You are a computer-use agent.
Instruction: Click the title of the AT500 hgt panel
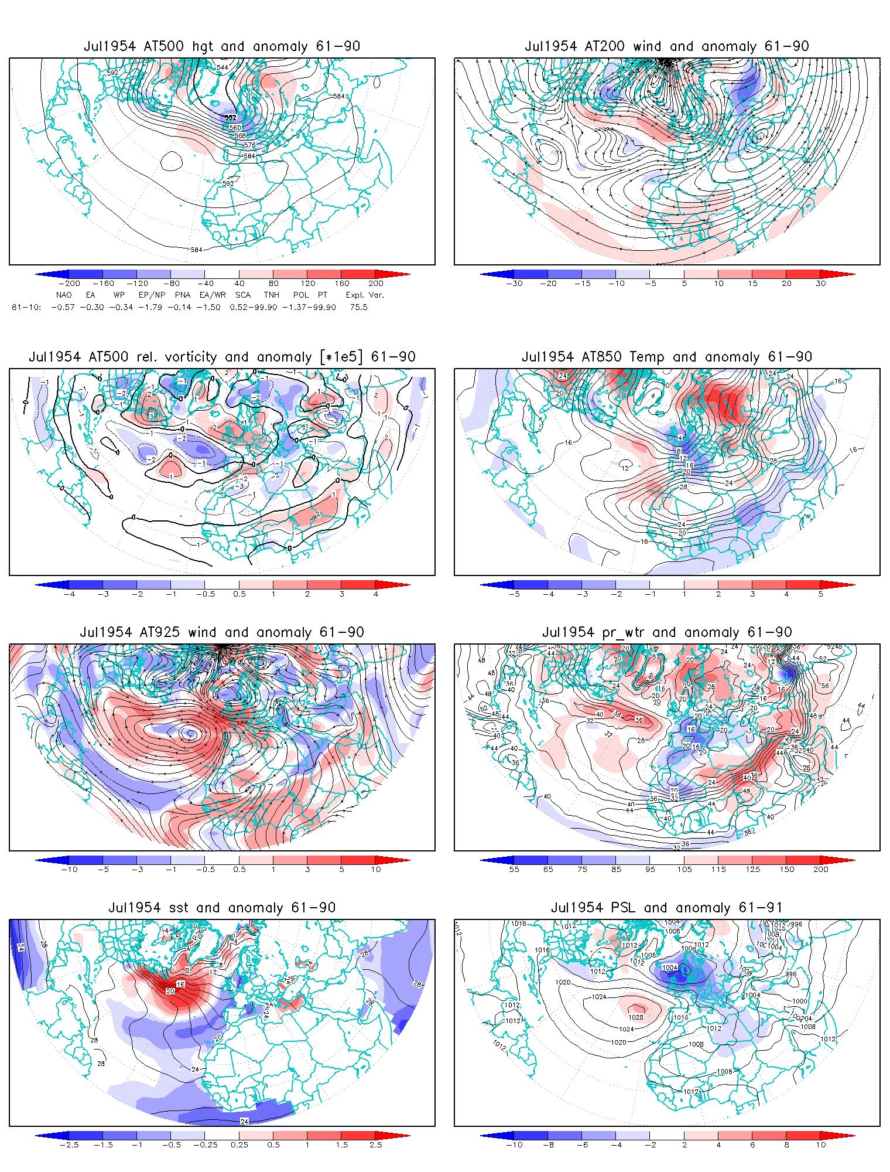coord(222,46)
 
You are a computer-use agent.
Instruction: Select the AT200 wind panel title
coord(667,46)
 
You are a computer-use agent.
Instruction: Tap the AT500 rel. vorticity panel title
coord(222,357)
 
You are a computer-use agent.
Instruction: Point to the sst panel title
coord(222,908)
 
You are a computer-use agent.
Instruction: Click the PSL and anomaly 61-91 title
coord(667,908)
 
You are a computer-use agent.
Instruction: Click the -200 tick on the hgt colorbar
coord(69,284)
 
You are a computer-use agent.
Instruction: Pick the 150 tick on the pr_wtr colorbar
coord(787,870)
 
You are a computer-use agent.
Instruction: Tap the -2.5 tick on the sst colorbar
coord(69,1145)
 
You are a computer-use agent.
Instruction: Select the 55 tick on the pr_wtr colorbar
coord(514,870)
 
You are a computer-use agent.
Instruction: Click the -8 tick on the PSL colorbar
coord(548,1145)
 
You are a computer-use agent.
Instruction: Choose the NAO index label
coord(64,295)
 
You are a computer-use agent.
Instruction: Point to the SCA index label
coord(243,295)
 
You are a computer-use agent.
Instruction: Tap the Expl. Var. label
coord(364,295)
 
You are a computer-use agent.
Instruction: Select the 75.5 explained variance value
coord(358,307)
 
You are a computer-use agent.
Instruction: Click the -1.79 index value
coord(150,307)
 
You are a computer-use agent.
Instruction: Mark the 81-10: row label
coord(26,307)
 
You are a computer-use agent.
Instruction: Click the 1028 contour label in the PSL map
coord(635,1017)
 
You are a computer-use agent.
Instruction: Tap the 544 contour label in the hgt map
coord(222,67)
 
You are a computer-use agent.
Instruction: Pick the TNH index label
coord(272,295)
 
